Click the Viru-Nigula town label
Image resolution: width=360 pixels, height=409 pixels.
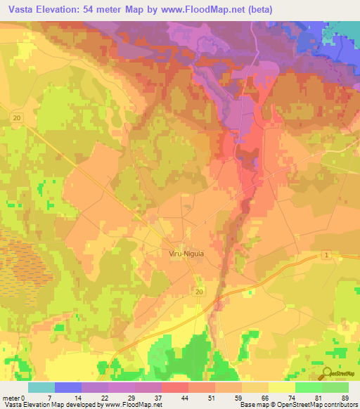(x=187, y=254)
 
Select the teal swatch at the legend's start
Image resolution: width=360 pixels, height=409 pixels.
(x=41, y=387)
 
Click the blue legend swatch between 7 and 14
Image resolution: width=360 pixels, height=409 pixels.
(x=68, y=387)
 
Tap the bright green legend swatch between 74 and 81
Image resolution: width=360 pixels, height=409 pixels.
(x=309, y=387)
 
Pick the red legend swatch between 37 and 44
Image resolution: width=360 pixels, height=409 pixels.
(x=175, y=387)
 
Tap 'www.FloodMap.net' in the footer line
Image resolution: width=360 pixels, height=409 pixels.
(x=134, y=405)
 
